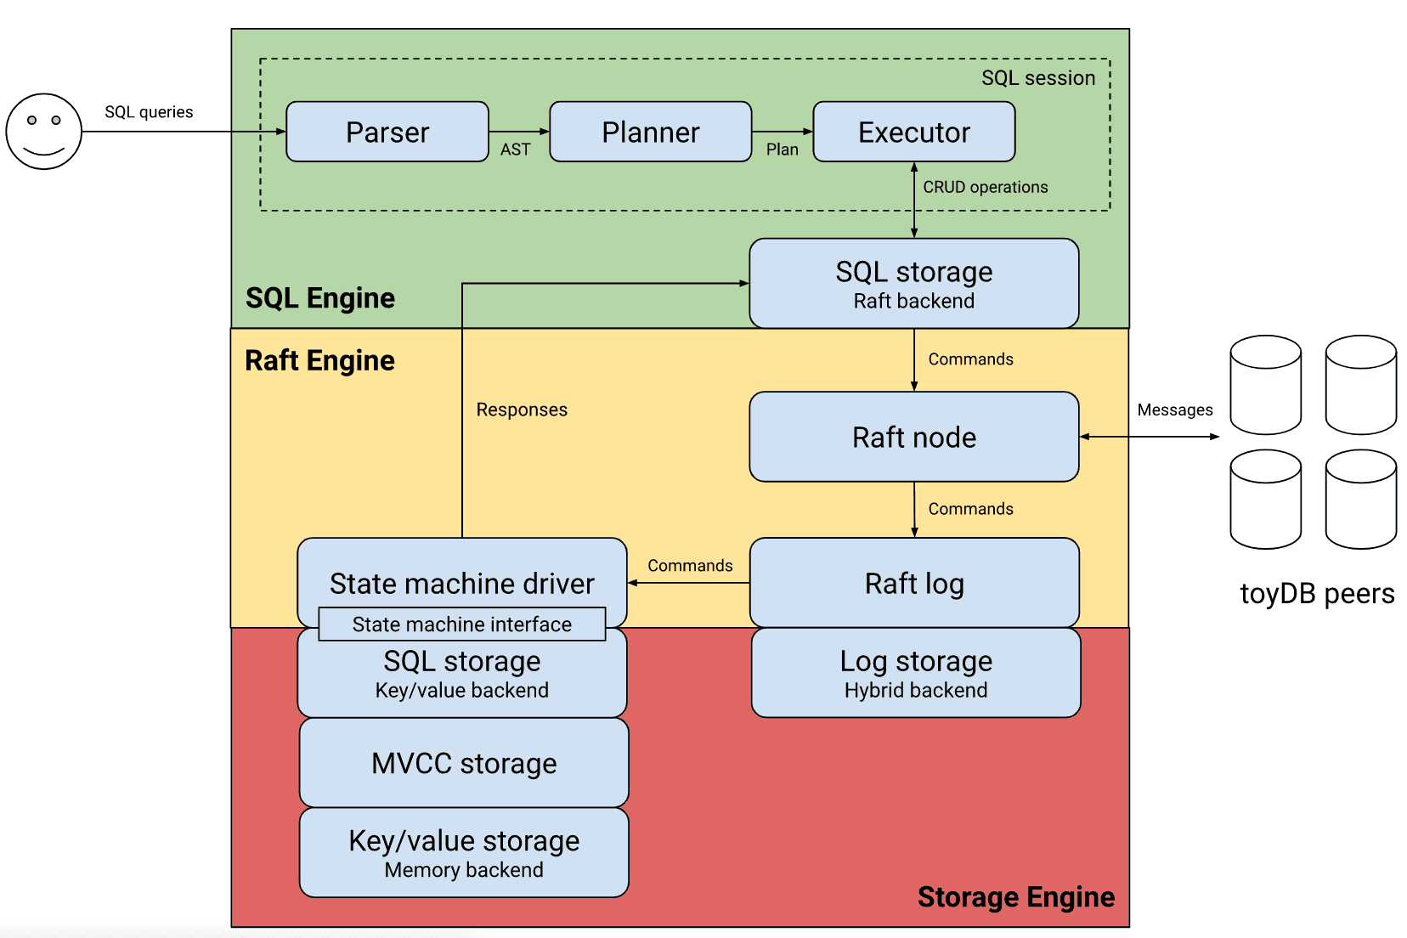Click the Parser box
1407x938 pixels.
(x=387, y=132)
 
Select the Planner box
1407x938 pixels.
(x=651, y=132)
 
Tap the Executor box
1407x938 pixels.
(x=914, y=132)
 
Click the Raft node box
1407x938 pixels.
(x=914, y=437)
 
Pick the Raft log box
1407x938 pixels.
(x=914, y=583)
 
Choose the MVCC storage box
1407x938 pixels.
(x=464, y=763)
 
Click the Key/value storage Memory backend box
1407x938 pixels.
(x=464, y=853)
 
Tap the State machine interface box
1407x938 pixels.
(x=462, y=624)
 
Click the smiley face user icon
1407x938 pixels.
(x=44, y=132)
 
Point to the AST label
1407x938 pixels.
(x=515, y=150)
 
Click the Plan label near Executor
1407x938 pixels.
(x=782, y=150)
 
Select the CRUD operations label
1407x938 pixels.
(x=986, y=187)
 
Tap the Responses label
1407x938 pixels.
(x=522, y=410)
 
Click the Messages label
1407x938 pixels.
(x=1175, y=410)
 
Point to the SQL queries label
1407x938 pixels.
(x=149, y=112)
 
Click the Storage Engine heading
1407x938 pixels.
(x=1016, y=897)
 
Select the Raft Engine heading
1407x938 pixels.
(x=319, y=360)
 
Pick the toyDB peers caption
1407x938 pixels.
(x=1317, y=593)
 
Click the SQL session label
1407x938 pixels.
(x=1038, y=78)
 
